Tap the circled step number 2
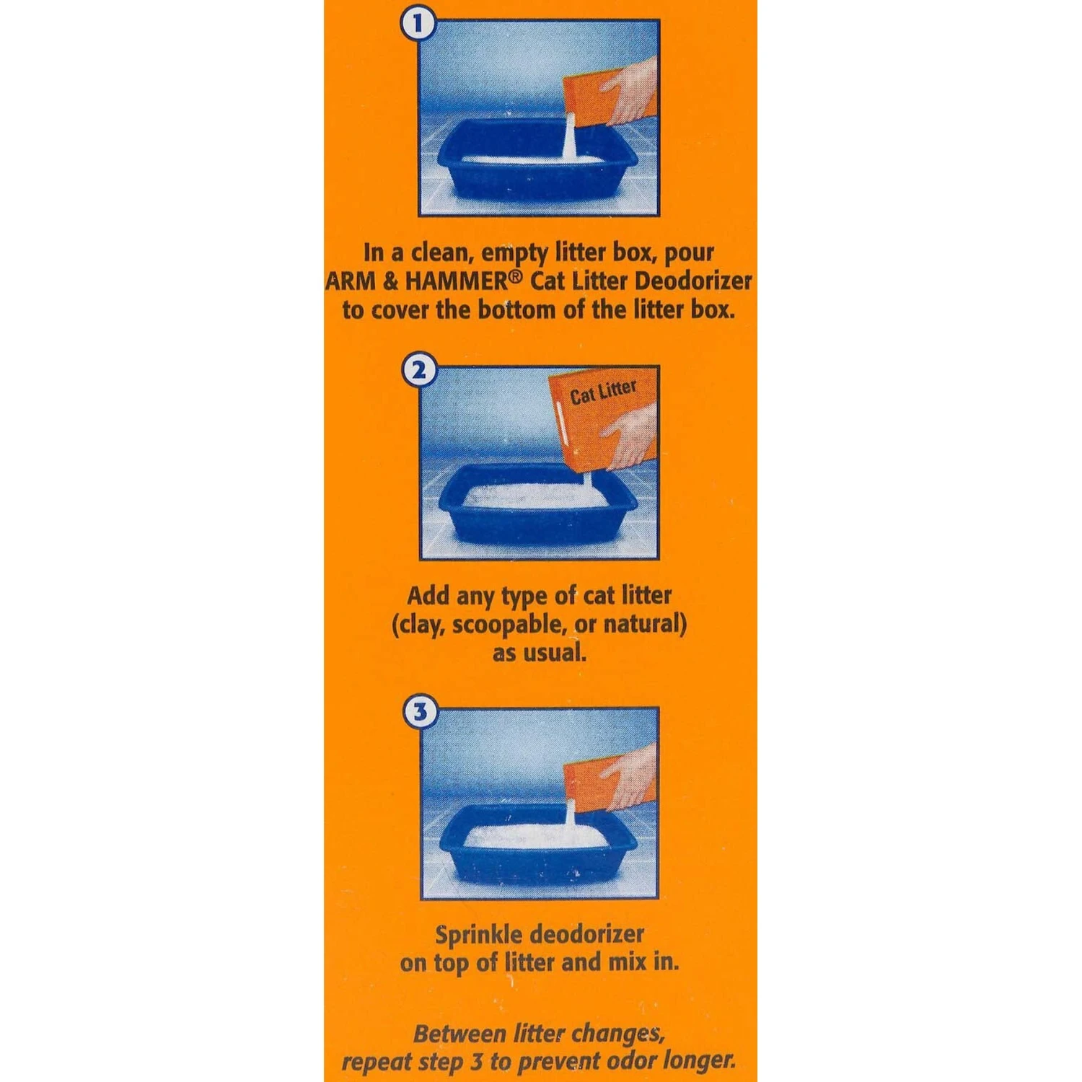pyautogui.click(x=418, y=371)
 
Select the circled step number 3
pyautogui.click(x=419, y=713)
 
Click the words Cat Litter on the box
pyautogui.click(x=603, y=392)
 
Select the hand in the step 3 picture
pyautogui.click(x=628, y=775)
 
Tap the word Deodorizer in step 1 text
pyautogui.click(x=692, y=281)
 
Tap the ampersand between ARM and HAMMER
pyautogui.click(x=390, y=281)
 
